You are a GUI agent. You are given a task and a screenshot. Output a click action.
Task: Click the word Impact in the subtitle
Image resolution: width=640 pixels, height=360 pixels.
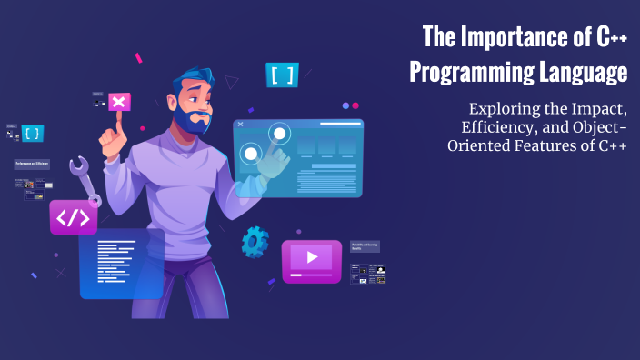click(x=595, y=110)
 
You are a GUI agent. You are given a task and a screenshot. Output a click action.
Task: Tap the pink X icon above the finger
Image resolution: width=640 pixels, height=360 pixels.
click(x=118, y=101)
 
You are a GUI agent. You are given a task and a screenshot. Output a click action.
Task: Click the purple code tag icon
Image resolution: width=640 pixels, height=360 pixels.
click(x=74, y=217)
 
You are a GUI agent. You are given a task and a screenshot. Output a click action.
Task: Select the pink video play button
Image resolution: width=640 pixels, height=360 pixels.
click(x=311, y=258)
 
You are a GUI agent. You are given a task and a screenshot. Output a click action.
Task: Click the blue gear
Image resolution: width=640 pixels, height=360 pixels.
click(x=255, y=242)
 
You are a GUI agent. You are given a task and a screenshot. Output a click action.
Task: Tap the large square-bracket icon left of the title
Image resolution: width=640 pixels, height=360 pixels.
click(x=283, y=75)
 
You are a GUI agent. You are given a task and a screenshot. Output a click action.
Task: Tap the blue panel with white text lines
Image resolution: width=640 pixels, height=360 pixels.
click(x=122, y=264)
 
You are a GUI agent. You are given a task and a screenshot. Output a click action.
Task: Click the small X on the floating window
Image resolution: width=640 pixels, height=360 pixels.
click(x=240, y=124)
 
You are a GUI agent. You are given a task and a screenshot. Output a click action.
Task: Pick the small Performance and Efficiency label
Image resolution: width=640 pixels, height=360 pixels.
click(x=31, y=165)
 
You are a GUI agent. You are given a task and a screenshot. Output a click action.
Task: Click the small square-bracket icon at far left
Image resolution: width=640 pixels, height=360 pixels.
click(x=33, y=134)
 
